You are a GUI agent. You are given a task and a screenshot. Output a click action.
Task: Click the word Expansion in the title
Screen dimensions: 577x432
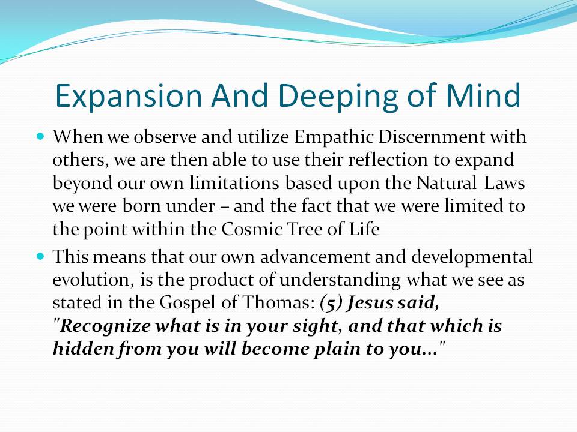[129, 96]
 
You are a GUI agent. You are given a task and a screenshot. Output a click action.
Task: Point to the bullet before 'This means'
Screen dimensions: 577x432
[40, 256]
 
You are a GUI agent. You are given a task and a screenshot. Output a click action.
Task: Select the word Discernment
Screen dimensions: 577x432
[432, 137]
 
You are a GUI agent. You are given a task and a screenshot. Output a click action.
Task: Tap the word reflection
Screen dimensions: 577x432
[388, 160]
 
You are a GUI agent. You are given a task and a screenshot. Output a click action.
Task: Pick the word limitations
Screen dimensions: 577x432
[234, 182]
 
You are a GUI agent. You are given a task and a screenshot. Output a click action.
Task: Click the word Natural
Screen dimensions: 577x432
[446, 182]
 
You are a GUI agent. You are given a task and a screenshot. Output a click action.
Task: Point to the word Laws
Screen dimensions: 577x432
[504, 182]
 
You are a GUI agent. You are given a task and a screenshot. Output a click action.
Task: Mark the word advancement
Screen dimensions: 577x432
[315, 256]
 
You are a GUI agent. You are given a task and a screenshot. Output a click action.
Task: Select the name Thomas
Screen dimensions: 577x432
[278, 302]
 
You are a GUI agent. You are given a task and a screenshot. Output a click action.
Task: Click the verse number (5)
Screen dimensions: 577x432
[332, 303]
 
